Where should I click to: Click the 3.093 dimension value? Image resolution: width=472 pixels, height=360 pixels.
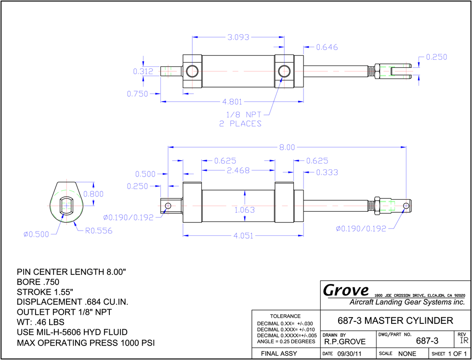[x=238, y=37]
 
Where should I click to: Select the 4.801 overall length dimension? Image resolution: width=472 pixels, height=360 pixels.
[x=232, y=102]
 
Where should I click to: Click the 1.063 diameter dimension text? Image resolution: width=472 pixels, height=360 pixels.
[x=245, y=210]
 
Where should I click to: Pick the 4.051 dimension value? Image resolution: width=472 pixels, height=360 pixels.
[x=244, y=236]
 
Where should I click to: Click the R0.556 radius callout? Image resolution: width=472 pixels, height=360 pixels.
[x=98, y=231]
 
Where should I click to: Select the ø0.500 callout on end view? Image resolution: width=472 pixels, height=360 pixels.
[x=36, y=234]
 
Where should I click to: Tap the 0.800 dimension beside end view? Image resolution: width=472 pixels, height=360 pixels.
[x=93, y=194]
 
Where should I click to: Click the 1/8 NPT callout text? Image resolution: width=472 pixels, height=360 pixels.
[x=244, y=115]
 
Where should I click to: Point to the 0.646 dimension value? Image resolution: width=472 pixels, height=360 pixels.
[x=327, y=47]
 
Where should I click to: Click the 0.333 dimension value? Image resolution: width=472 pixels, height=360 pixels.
[x=327, y=173]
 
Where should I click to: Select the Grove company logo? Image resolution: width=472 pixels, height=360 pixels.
[x=346, y=290]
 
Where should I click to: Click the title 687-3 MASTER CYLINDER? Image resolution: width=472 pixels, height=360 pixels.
[x=395, y=321]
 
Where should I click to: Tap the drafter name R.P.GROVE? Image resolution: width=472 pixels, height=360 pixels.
[x=345, y=342]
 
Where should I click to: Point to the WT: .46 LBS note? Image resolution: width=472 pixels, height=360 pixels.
[x=40, y=322]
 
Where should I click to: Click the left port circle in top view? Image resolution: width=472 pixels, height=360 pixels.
[x=191, y=72]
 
